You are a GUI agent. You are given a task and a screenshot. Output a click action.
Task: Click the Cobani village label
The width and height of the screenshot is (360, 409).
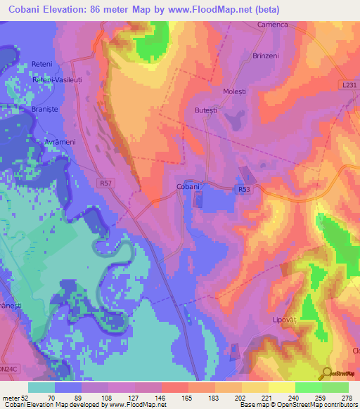(188, 186)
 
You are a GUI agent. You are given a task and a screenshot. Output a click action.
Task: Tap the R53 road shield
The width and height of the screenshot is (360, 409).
(244, 189)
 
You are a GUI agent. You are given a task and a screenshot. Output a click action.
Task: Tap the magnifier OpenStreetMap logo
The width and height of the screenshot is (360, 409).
(327, 373)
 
